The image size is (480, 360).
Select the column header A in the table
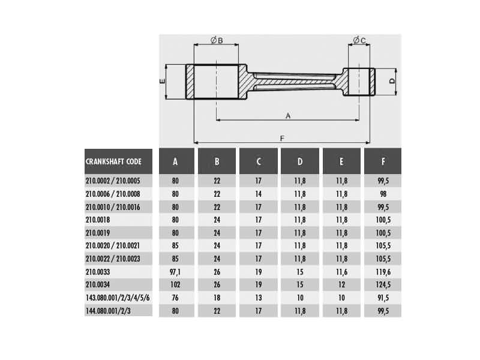(175, 161)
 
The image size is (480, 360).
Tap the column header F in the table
(383, 161)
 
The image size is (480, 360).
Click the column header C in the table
(259, 161)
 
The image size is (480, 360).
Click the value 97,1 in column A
(175, 271)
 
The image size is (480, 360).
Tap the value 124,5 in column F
(383, 284)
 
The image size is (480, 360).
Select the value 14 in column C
(259, 194)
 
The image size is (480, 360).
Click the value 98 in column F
(383, 194)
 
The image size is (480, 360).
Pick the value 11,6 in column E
(341, 271)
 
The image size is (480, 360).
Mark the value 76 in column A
(175, 298)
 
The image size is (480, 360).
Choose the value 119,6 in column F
(383, 271)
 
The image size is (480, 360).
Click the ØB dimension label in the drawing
(217, 40)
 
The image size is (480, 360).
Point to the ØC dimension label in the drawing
(359, 40)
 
